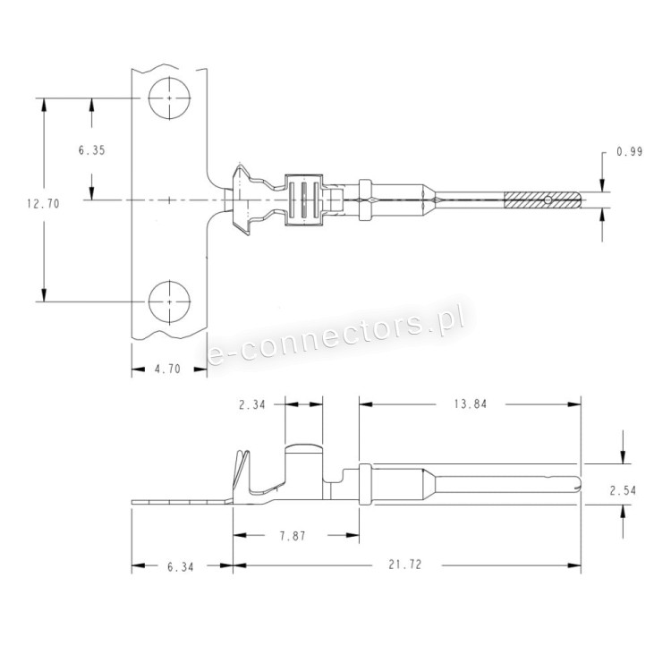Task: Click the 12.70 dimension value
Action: click(x=43, y=204)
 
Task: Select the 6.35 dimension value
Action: click(x=91, y=150)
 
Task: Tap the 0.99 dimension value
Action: click(x=630, y=151)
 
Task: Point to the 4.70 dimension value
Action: click(x=167, y=369)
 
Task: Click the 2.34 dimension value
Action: click(x=252, y=404)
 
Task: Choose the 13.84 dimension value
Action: click(x=471, y=404)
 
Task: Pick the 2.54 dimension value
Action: click(x=623, y=490)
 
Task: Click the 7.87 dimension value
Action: click(x=293, y=536)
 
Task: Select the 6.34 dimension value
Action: click(x=180, y=567)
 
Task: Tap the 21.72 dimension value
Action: click(x=404, y=565)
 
